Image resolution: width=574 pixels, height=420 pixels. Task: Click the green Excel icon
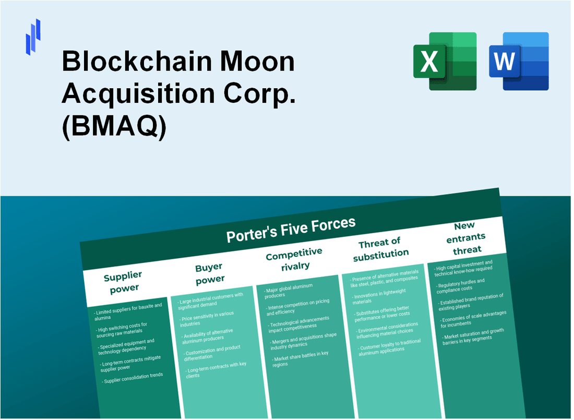coord(445,61)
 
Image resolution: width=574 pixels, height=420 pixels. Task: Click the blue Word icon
coord(519,61)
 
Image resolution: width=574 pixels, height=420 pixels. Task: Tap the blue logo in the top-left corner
coord(33,37)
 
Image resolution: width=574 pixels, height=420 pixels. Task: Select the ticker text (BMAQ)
coord(114,128)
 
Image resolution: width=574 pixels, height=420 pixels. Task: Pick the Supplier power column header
coord(123,281)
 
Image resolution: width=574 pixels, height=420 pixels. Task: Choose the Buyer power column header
coord(209,273)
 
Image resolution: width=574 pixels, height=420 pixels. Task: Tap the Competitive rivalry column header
coord(294,259)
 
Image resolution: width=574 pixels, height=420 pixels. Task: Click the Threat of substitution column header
coord(380,248)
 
